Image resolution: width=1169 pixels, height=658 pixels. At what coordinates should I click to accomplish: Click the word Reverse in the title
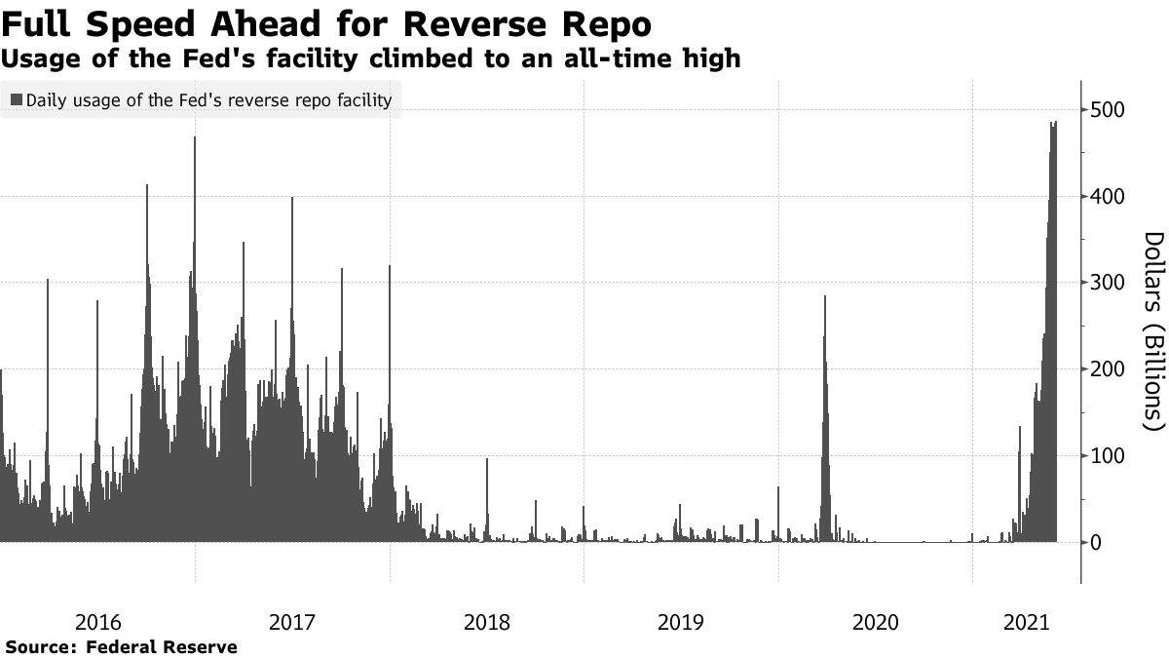pyautogui.click(x=479, y=24)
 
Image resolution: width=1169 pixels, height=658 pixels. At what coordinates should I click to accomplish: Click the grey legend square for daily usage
pyautogui.click(x=17, y=99)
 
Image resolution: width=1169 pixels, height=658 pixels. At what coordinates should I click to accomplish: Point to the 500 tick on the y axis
pyautogui.click(x=1107, y=110)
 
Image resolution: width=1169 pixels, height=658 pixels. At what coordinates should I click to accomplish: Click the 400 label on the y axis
pyautogui.click(x=1107, y=197)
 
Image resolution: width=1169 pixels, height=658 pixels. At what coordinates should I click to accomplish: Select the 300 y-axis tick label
pyautogui.click(x=1107, y=283)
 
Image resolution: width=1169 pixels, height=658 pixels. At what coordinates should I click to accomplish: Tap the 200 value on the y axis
pyautogui.click(x=1107, y=369)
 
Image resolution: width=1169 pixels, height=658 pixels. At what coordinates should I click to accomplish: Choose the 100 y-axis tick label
pyautogui.click(x=1107, y=456)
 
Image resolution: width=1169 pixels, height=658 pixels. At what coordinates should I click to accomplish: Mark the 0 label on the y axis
pyautogui.click(x=1096, y=543)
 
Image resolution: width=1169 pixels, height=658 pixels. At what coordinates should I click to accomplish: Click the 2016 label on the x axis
pyautogui.click(x=98, y=623)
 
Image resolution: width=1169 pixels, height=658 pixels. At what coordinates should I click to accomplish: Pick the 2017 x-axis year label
pyautogui.click(x=292, y=623)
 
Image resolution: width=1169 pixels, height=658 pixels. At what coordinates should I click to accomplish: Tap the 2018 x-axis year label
pyautogui.click(x=487, y=623)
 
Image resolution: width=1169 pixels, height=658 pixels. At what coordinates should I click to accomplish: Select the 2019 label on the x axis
pyautogui.click(x=681, y=623)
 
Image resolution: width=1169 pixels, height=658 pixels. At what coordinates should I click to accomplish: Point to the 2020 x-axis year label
pyautogui.click(x=876, y=623)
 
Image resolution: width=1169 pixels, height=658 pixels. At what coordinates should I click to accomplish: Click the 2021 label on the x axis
pyautogui.click(x=1027, y=623)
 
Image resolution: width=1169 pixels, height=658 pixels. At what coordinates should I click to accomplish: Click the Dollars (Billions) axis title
pyautogui.click(x=1154, y=332)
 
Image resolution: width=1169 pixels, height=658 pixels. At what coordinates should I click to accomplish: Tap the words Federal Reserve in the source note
pyautogui.click(x=161, y=647)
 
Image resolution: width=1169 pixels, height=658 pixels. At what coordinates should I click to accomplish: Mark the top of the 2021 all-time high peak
pyautogui.click(x=1056, y=121)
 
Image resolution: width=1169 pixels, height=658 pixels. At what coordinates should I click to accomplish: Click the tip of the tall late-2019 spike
pyautogui.click(x=825, y=296)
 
